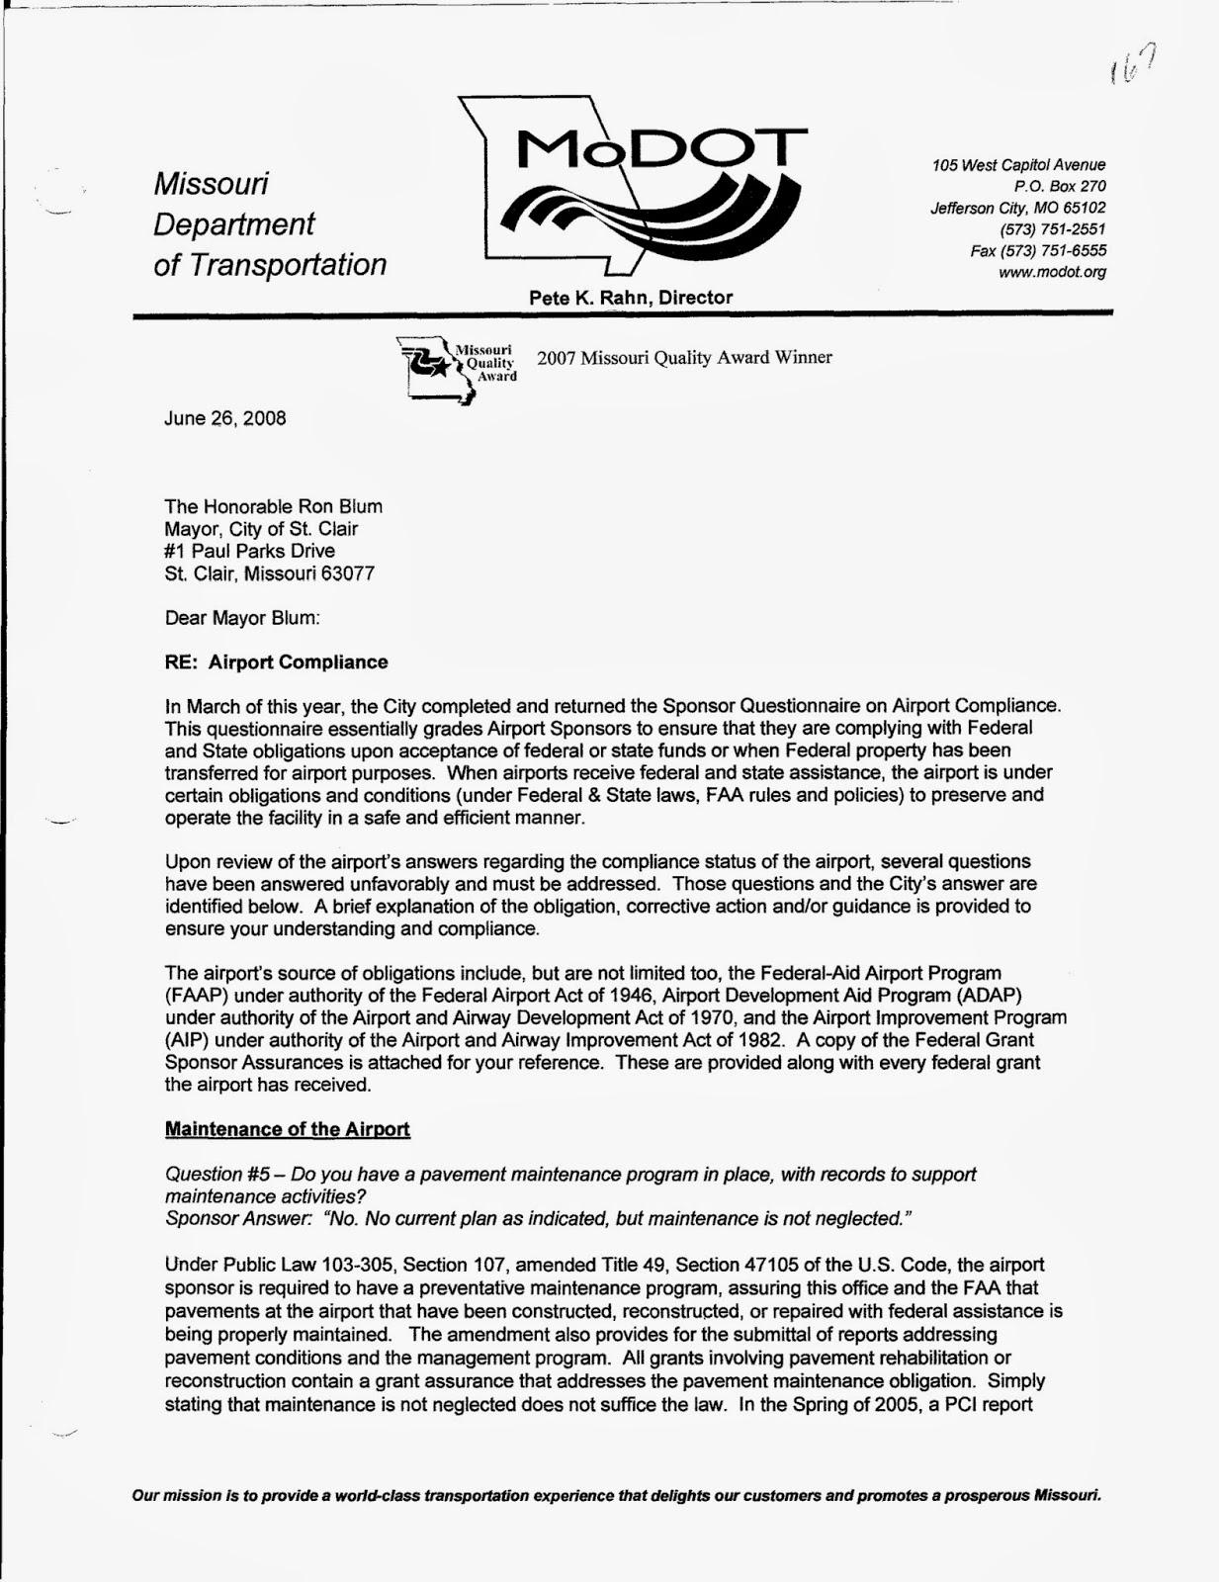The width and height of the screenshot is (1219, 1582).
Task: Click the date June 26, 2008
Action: pyautogui.click(x=224, y=418)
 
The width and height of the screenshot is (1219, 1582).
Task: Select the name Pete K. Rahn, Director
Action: pyautogui.click(x=631, y=298)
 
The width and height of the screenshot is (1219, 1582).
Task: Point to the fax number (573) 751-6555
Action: pyautogui.click(x=1038, y=251)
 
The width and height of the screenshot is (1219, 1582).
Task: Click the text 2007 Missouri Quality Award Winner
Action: pyautogui.click(x=684, y=358)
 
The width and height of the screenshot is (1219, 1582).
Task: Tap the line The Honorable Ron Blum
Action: pyautogui.click(x=273, y=506)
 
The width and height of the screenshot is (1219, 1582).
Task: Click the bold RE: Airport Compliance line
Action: pyautogui.click(x=276, y=662)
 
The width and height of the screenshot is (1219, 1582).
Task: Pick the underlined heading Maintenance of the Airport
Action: pyautogui.click(x=287, y=1129)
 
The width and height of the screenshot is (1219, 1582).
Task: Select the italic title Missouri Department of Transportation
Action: pyautogui.click(x=269, y=224)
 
